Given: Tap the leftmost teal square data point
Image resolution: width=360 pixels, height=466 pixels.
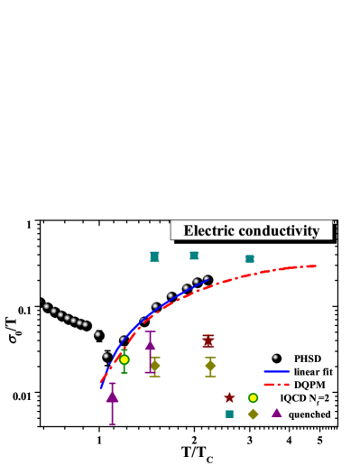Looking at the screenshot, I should coord(154,256).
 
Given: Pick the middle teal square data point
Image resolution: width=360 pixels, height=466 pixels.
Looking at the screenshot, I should coord(194,256).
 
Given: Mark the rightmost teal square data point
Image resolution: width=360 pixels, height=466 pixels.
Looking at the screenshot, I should coord(250,259).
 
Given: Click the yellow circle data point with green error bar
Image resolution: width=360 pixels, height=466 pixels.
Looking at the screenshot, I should coord(125,359).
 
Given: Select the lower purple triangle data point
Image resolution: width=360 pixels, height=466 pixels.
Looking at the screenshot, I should coord(112,396).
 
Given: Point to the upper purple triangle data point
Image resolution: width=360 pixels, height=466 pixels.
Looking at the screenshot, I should coord(150,344).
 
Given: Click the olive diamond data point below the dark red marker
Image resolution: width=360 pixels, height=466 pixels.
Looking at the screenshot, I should coord(210,366).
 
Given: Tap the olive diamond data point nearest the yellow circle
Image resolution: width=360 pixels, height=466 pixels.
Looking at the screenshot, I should coord(154,365).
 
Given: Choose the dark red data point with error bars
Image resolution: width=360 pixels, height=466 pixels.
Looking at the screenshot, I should coord(208,340).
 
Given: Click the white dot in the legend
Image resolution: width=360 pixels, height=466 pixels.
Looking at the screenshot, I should coord(275,357).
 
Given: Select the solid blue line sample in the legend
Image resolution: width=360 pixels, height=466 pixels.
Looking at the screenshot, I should coord(276,371).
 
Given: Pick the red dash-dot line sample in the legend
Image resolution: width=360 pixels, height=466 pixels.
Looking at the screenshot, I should coord(276,385).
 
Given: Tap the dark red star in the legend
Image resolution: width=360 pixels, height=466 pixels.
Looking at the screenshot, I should coord(229,397).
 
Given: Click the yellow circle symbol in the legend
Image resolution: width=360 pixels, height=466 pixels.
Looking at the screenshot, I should coord(254,397).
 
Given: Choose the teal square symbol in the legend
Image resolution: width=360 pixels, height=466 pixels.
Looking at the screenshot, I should coord(229,414).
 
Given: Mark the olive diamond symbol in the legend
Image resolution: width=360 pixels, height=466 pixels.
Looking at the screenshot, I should coord(254,414).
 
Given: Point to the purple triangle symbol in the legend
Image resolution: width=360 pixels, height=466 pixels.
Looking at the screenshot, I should coord(277,413).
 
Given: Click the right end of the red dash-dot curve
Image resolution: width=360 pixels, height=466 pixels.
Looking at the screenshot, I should coord(315,266).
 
